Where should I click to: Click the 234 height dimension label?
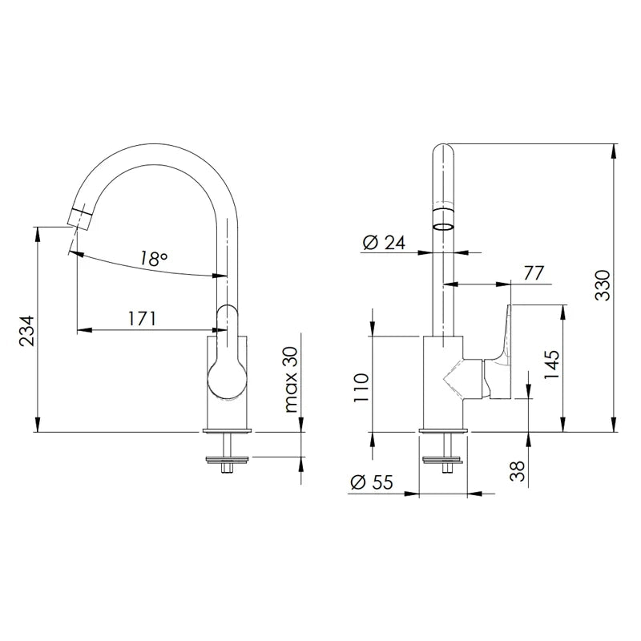tap(27, 331)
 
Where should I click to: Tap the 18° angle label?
tap(153, 258)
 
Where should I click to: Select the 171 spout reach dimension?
tap(143, 318)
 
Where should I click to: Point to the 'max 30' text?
tap(291, 379)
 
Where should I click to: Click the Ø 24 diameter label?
tap(384, 243)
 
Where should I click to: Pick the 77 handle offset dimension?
tap(534, 273)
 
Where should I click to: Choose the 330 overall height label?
tap(602, 285)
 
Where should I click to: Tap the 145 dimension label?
tap(551, 365)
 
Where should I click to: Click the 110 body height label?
tap(361, 388)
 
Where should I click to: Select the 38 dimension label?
tap(518, 471)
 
